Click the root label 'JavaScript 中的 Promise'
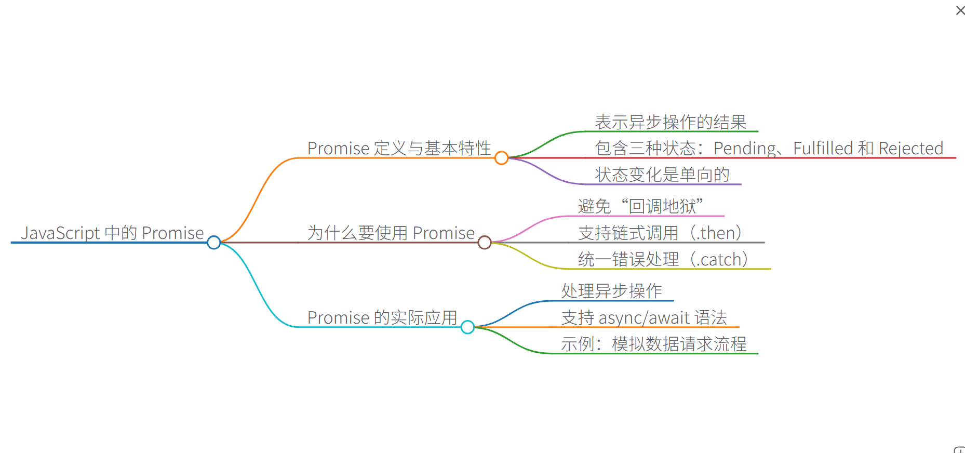pyautogui.click(x=112, y=233)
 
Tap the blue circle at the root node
pyautogui.click(x=213, y=243)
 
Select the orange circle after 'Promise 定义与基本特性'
pyautogui.click(x=501, y=158)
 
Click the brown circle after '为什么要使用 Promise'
pyautogui.click(x=485, y=243)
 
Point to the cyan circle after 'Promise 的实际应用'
pyautogui.click(x=467, y=327)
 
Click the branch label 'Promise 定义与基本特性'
pyautogui.click(x=399, y=148)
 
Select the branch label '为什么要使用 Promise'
pyautogui.click(x=391, y=233)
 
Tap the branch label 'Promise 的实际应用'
pyautogui.click(x=382, y=317)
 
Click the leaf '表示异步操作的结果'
pyautogui.click(x=671, y=122)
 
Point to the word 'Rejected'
pyautogui.click(x=911, y=149)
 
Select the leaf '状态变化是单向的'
pyautogui.click(x=662, y=175)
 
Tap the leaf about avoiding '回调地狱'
pyautogui.click(x=641, y=206)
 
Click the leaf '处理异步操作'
pyautogui.click(x=612, y=291)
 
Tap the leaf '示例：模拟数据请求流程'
pyautogui.click(x=653, y=344)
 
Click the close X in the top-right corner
pyautogui.click(x=960, y=10)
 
